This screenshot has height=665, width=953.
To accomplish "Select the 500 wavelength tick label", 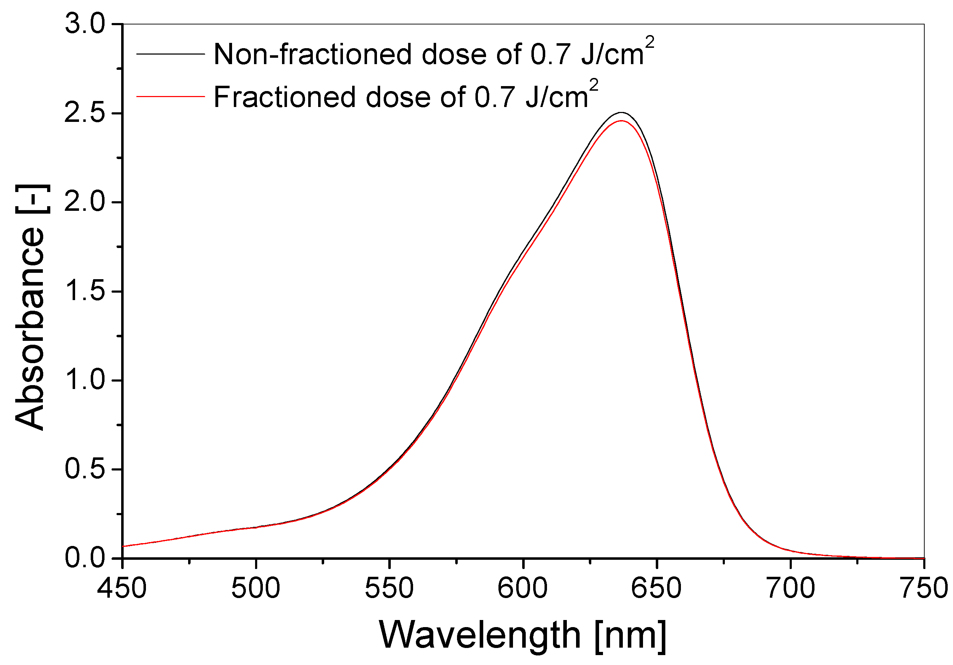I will click(256, 588).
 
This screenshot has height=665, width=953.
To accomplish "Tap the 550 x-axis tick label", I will click(389, 588).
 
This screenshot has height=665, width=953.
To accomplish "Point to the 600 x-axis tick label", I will click(523, 588).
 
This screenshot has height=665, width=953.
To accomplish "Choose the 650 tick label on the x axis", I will click(656, 588).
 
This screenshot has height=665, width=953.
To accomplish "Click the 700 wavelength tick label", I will click(791, 588).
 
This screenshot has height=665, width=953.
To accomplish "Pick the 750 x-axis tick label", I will click(924, 588).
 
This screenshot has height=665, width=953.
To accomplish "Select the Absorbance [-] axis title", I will click(30, 307).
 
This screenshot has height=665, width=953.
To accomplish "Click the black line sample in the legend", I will click(171, 54).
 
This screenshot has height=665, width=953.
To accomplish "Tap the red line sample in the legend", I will click(171, 96).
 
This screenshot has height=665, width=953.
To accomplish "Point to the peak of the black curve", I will click(621, 113).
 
